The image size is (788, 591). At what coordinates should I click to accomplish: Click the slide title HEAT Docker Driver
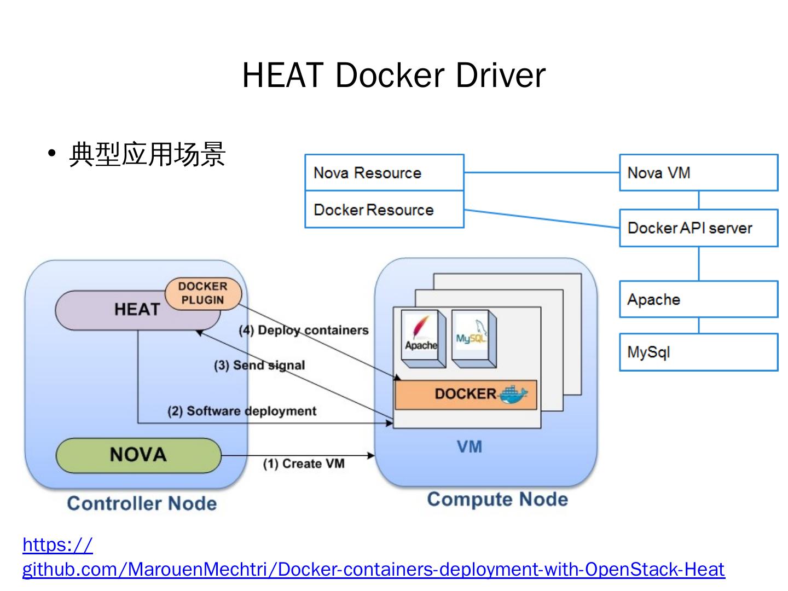click(x=393, y=75)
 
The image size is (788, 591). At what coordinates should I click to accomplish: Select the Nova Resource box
click(x=384, y=173)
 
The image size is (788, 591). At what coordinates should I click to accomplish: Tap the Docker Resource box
click(x=384, y=210)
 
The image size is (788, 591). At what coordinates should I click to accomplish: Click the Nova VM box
click(x=698, y=173)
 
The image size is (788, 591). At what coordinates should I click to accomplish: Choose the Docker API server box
click(x=698, y=228)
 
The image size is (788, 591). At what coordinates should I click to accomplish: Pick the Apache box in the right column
click(x=698, y=299)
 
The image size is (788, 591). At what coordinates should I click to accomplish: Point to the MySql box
click(x=698, y=352)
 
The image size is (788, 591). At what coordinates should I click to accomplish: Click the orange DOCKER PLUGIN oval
click(x=203, y=293)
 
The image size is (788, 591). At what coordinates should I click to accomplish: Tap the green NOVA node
click(x=138, y=455)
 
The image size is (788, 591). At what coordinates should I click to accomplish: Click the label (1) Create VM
click(x=304, y=464)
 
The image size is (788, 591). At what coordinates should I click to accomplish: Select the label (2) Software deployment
click(x=242, y=411)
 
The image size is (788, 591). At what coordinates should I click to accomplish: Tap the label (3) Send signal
click(x=259, y=365)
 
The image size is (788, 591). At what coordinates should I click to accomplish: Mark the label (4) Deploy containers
click(x=304, y=330)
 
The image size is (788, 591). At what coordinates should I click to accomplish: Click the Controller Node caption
click(x=142, y=503)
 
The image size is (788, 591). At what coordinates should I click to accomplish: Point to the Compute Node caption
click(x=497, y=499)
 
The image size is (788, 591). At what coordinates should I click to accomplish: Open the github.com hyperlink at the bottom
click(x=373, y=569)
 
